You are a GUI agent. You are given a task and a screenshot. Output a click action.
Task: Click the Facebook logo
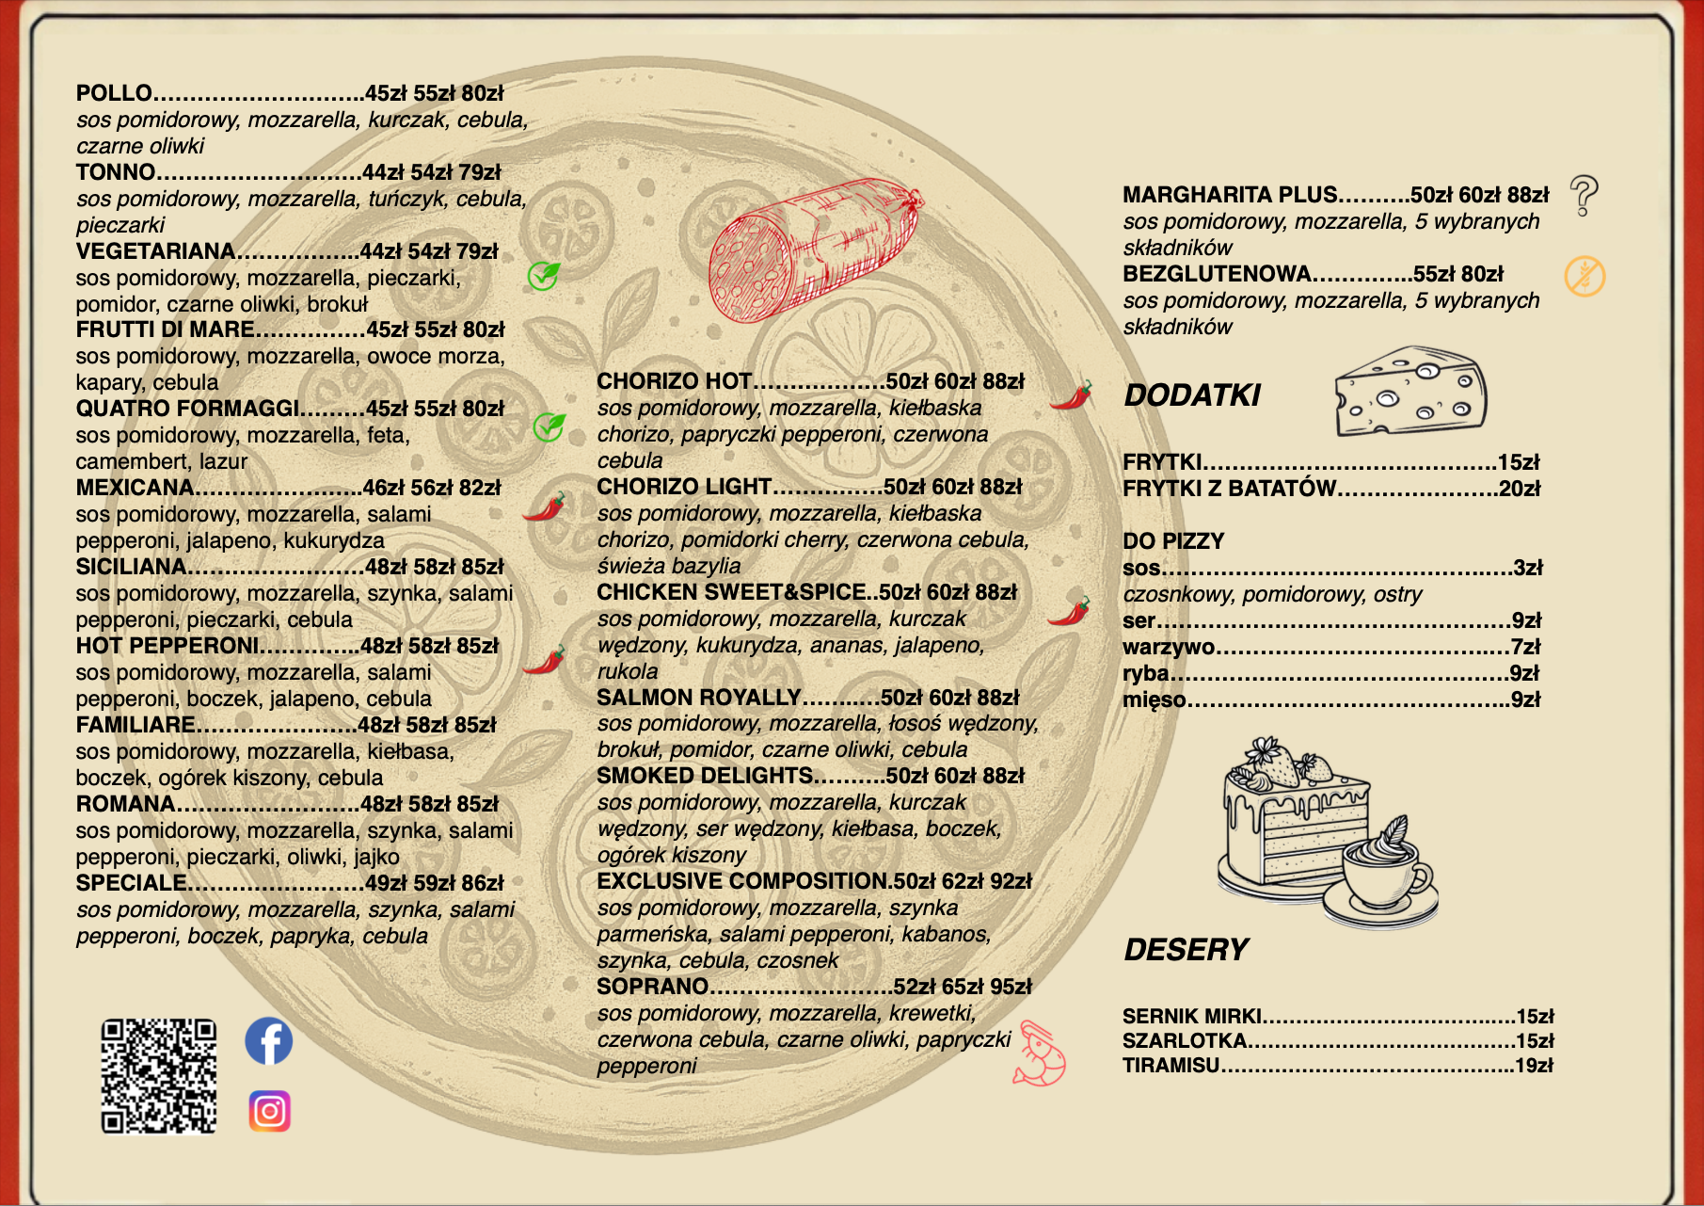coord(269,1041)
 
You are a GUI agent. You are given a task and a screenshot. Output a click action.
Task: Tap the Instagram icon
coord(270,1111)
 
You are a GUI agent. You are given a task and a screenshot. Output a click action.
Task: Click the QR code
coord(159,1076)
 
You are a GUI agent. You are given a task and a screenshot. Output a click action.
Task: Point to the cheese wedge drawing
coord(1410,392)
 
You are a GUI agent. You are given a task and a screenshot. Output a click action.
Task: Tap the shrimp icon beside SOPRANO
coord(1041,1054)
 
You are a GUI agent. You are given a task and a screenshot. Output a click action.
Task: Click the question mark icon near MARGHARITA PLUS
coord(1585,195)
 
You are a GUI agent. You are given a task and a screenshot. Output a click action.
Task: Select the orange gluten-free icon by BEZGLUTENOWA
coord(1585,276)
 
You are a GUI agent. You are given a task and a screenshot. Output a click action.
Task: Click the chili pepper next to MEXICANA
coord(545,507)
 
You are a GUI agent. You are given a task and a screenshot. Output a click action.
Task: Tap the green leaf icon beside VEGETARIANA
coord(544,275)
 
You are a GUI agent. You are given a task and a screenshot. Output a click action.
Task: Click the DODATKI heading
coord(1192,395)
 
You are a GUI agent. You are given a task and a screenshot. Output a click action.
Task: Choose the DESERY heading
coord(1186,950)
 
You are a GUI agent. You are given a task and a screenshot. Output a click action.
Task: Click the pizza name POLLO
coord(114,93)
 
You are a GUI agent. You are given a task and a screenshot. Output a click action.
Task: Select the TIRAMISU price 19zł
coord(1534,1066)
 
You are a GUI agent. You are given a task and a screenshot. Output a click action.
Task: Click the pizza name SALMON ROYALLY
coord(698,698)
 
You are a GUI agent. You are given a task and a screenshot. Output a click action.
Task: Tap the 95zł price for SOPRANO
coord(1011,987)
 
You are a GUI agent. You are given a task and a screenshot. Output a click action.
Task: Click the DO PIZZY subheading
coord(1173,541)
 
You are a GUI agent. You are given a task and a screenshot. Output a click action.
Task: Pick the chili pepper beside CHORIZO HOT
coord(1071,394)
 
